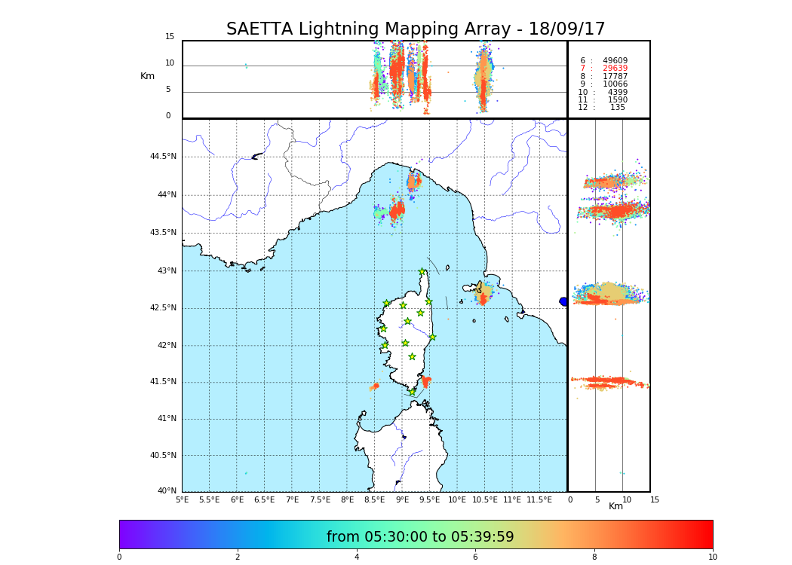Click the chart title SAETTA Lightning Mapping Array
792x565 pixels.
pos(416,29)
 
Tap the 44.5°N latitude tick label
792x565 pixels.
pos(163,157)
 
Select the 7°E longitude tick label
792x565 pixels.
pos(292,499)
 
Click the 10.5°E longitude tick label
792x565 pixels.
pos(485,499)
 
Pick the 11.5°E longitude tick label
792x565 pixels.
pos(539,499)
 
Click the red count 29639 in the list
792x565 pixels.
pos(615,69)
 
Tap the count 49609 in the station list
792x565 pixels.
pos(615,60)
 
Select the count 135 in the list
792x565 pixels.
pos(618,108)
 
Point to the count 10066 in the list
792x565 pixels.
pos(615,84)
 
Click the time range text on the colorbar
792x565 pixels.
pos(420,537)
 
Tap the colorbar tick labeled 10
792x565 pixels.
pos(712,557)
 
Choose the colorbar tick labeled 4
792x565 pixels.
pos(356,557)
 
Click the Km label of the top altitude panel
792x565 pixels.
pos(147,76)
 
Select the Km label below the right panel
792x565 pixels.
pos(616,506)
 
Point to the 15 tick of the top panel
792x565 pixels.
pos(170,37)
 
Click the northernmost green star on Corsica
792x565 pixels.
pos(422,272)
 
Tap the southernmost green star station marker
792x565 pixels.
pos(413,392)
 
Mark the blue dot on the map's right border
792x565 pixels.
pos(563,301)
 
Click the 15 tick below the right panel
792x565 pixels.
pos(655,499)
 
